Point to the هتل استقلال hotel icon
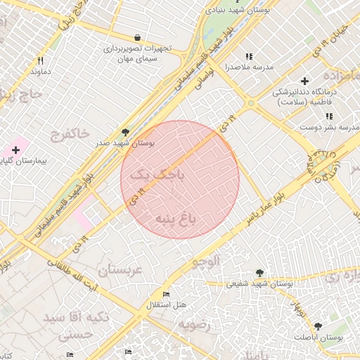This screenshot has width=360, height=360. pos(166,294)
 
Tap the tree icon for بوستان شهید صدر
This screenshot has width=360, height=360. pos(125,131)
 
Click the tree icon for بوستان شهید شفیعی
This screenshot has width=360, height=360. pos(259,273)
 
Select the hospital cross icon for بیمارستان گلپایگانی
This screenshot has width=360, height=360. pos(15,150)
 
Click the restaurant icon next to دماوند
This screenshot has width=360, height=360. pos(40,60)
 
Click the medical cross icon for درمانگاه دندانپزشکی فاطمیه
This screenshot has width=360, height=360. pos(304,81)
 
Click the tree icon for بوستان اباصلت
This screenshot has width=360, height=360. pos(318,326)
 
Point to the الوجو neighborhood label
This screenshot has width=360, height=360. pos(205,261)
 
